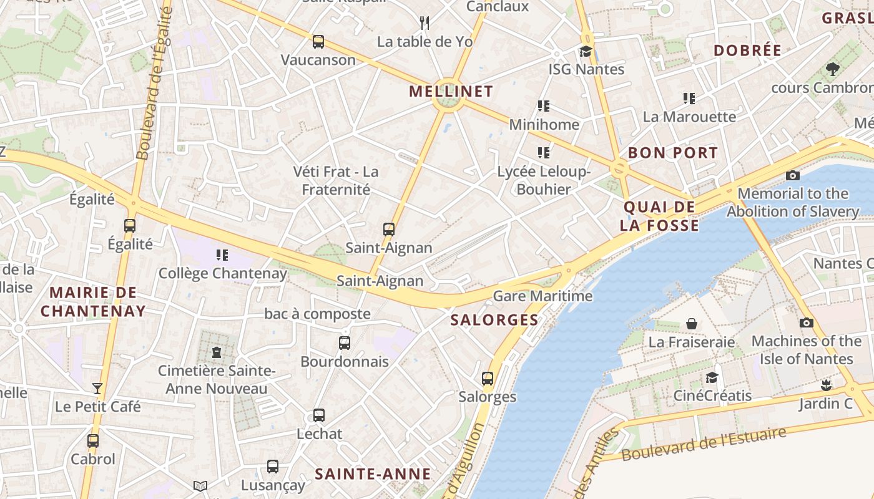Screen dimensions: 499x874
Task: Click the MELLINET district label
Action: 451,92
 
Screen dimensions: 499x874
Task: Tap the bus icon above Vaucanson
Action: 318,42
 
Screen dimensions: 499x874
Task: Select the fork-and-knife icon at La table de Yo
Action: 425,23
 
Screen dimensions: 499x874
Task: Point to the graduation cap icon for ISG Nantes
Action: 586,51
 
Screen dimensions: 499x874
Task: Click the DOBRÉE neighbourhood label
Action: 747,51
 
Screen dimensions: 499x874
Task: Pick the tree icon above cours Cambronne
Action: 832,69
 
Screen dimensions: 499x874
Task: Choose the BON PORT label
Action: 673,153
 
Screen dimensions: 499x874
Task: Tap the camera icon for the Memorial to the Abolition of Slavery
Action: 793,175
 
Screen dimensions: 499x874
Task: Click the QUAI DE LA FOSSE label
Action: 659,216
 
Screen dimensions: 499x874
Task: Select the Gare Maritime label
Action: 543,296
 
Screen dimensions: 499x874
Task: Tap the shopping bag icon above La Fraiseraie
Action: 692,323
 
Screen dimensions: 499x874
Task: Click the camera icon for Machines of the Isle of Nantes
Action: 807,322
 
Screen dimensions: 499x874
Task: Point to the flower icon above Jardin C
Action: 826,384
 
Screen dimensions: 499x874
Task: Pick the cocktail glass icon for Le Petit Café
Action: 97,388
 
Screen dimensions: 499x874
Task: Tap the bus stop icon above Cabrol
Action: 93,440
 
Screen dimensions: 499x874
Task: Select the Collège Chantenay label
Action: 222,273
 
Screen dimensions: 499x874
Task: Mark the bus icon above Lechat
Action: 319,415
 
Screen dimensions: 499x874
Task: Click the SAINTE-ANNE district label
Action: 373,474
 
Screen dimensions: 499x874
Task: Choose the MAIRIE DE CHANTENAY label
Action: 93,301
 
